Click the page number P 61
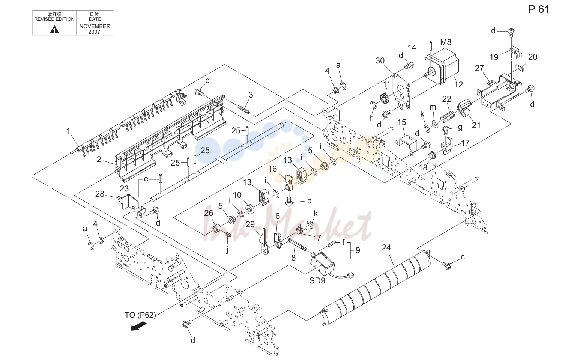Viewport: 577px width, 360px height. click(x=539, y=9)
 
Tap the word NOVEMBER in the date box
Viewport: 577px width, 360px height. click(x=95, y=26)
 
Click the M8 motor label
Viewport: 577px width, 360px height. click(x=446, y=42)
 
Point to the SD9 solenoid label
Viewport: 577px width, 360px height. click(x=317, y=280)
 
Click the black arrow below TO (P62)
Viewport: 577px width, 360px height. click(x=138, y=327)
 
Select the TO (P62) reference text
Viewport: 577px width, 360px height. click(x=140, y=315)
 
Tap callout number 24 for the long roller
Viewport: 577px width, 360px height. click(x=386, y=248)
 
